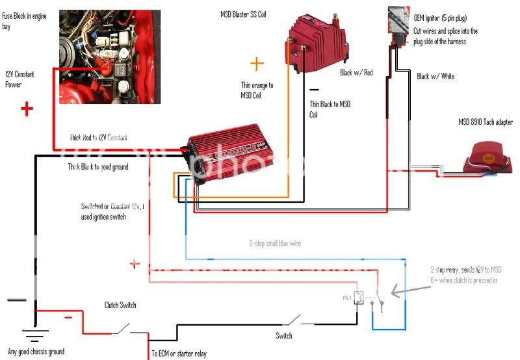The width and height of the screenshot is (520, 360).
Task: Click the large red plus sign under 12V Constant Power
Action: (x=27, y=109)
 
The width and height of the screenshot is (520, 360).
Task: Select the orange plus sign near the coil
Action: (x=257, y=64)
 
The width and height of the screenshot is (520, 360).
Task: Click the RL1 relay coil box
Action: (x=357, y=298)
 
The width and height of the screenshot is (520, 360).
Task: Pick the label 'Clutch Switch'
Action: (x=120, y=305)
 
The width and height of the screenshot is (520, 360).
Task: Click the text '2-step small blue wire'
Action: (x=275, y=243)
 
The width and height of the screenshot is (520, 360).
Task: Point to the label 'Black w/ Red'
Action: (x=356, y=73)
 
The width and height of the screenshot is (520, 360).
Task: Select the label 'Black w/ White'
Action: (x=435, y=77)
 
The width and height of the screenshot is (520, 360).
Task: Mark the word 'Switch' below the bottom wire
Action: (x=283, y=336)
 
